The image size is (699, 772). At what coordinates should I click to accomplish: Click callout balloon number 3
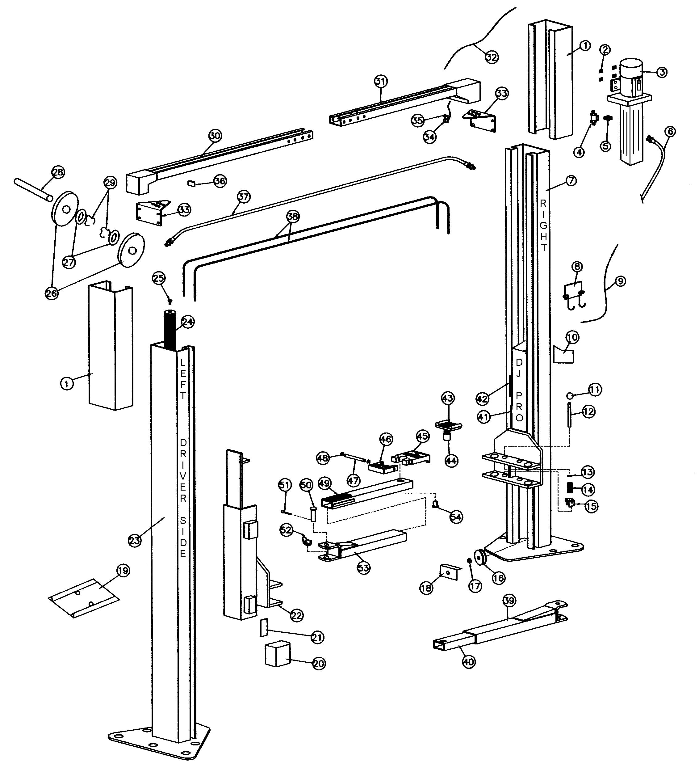tap(662, 72)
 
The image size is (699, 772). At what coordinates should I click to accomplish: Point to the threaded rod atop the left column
tap(170, 329)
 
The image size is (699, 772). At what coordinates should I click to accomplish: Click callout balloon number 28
tap(58, 172)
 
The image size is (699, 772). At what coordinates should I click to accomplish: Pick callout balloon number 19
tap(123, 571)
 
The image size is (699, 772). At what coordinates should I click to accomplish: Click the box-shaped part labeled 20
tap(278, 654)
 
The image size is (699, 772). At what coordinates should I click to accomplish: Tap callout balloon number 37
tap(244, 197)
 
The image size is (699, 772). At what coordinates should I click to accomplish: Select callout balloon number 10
tap(572, 337)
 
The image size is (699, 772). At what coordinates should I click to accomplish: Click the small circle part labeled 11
tap(570, 395)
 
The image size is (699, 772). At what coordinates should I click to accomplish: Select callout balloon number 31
tap(380, 81)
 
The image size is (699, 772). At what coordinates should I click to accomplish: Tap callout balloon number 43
tap(447, 398)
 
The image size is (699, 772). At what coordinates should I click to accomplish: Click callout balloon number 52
tap(286, 530)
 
